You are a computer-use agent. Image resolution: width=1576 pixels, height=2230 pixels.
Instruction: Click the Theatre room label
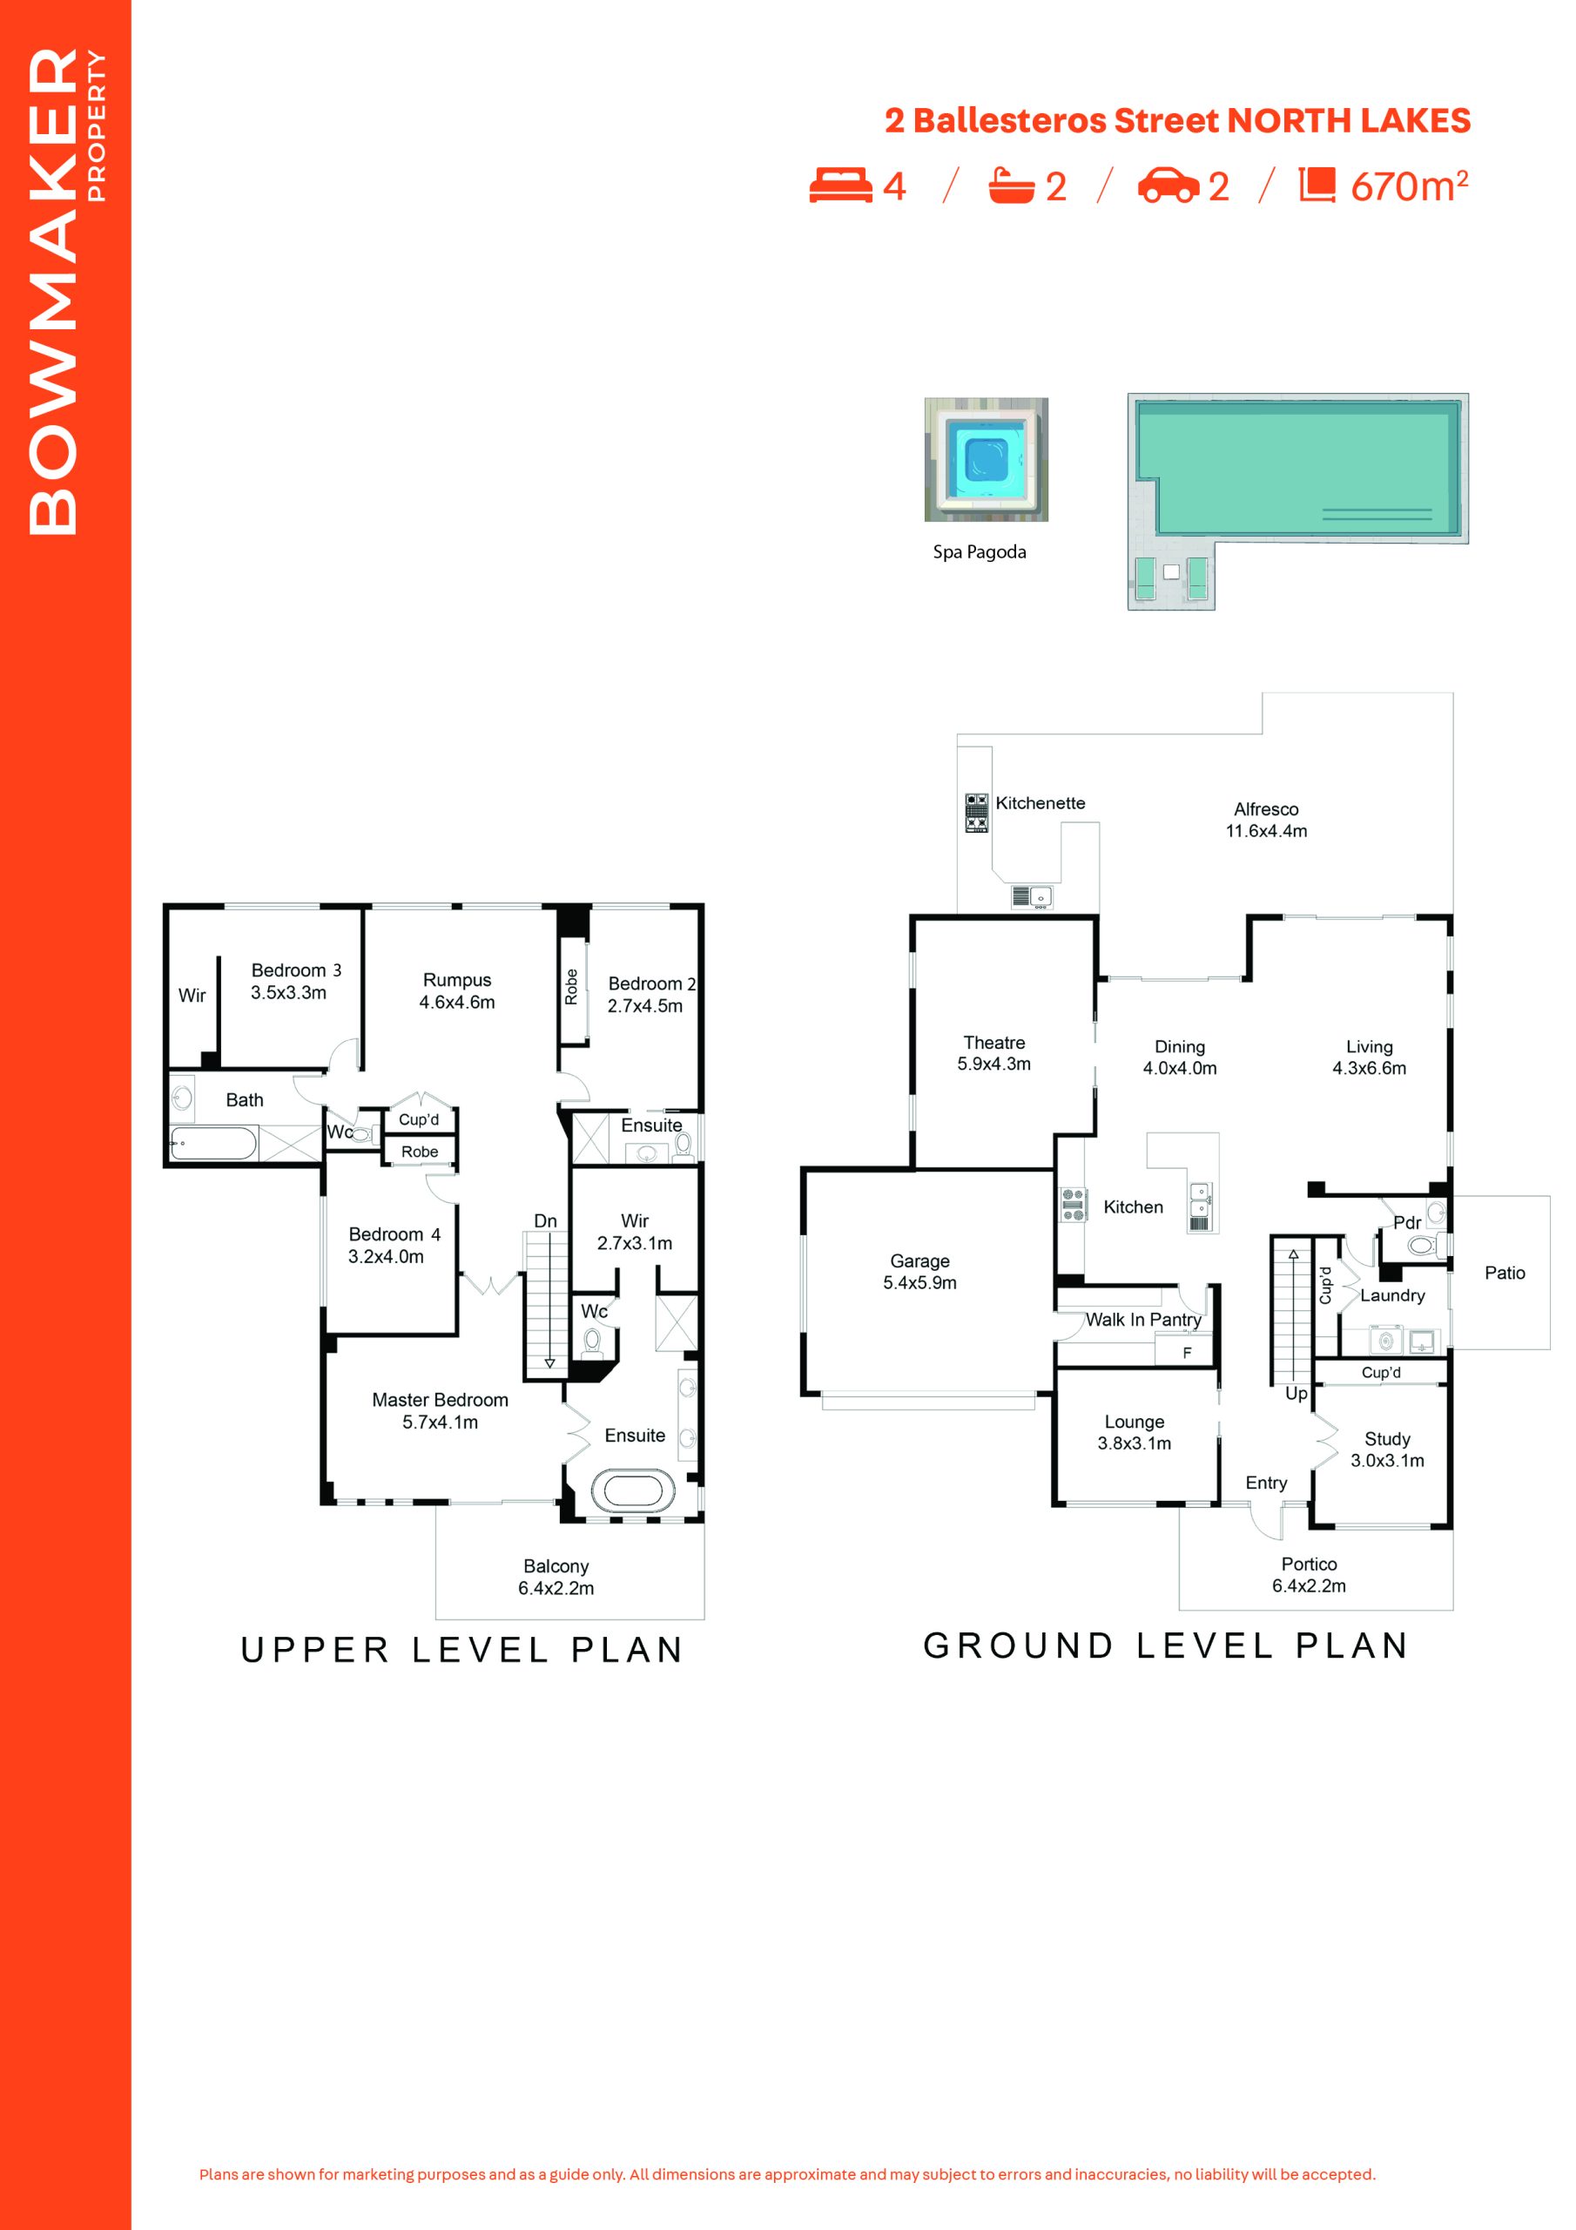tap(993, 1042)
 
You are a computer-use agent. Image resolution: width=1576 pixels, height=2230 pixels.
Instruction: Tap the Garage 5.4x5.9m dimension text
tap(919, 1282)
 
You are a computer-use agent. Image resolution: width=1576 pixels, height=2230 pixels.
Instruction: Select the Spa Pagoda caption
tap(979, 551)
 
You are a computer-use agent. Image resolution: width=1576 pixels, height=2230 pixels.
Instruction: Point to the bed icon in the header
tap(841, 186)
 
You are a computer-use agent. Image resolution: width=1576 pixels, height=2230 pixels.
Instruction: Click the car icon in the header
tap(1169, 186)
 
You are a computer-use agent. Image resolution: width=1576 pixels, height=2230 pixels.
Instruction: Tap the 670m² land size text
tap(1409, 186)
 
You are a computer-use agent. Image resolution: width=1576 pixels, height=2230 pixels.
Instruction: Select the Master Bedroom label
tap(440, 1400)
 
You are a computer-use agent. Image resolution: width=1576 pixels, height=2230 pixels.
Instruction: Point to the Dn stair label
tap(545, 1221)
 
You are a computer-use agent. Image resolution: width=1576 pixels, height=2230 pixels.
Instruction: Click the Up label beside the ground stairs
tap(1296, 1394)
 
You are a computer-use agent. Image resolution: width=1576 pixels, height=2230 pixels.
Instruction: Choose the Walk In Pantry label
tap(1143, 1319)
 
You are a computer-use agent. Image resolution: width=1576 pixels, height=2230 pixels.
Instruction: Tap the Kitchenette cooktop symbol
tap(976, 813)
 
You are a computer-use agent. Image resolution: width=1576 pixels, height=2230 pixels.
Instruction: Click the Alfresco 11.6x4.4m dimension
tap(1266, 830)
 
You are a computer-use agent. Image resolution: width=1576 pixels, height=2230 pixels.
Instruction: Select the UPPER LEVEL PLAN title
tap(462, 1650)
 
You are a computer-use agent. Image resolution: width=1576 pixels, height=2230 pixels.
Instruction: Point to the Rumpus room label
tap(457, 980)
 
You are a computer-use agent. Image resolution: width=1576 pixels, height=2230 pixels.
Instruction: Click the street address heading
tap(1177, 120)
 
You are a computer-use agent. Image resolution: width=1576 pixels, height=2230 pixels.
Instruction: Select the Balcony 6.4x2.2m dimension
tap(556, 1588)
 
